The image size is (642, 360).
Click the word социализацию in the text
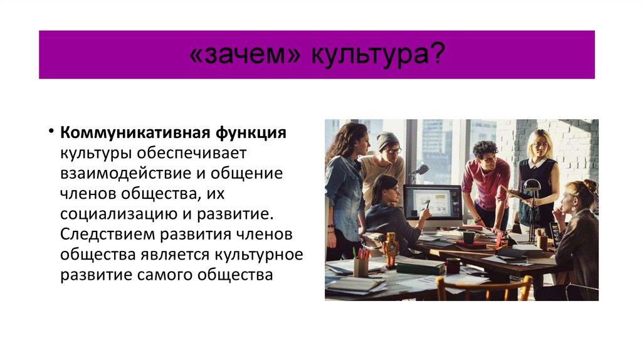[118, 214]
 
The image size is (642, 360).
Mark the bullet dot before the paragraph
[50, 133]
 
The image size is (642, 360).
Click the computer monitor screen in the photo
[432, 201]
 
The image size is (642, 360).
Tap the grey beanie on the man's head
[387, 139]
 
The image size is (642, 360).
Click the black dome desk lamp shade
[532, 185]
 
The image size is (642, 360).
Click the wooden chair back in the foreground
[483, 288]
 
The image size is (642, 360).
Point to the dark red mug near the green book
[452, 265]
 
